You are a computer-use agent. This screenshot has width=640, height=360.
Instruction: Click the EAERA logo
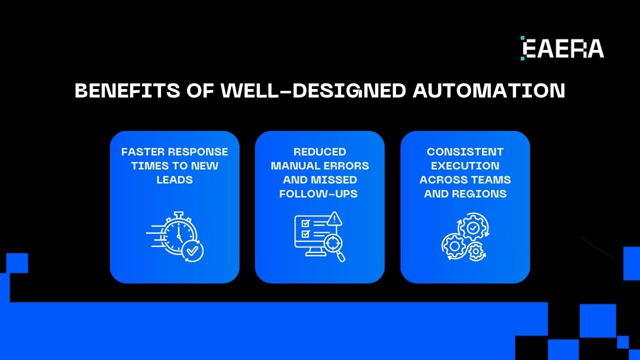coord(562,48)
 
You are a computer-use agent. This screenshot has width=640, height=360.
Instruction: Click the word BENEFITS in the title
coord(127,91)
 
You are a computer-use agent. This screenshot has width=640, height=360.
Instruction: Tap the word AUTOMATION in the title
coord(489,91)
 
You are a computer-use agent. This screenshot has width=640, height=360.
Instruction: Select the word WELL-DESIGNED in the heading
coord(313,91)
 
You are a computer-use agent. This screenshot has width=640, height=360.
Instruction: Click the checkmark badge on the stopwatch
coord(192,251)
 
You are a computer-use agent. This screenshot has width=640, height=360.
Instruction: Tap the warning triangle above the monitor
coord(334,218)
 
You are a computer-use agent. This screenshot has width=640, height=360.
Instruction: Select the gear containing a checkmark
coord(473,227)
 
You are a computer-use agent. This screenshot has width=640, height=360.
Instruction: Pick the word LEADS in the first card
coord(174,180)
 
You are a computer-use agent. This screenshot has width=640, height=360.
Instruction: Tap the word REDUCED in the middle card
coord(319,152)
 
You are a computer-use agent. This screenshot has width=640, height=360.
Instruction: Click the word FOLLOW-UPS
coord(318,194)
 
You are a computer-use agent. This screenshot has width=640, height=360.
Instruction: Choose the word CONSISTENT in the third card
coord(465,152)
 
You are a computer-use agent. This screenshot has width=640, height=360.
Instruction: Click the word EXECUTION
coord(465,166)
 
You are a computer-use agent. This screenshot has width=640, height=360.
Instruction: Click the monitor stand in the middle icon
coord(313,251)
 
